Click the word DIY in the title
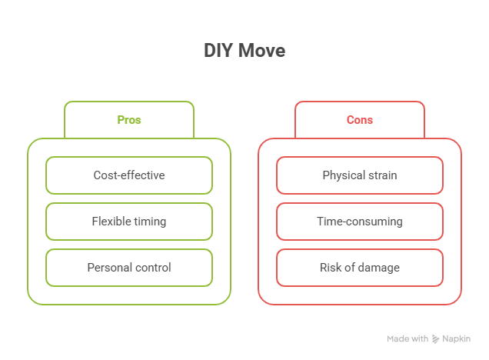(x=218, y=51)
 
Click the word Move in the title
(x=261, y=51)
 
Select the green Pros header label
(x=129, y=120)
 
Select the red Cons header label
(x=360, y=120)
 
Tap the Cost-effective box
(x=129, y=175)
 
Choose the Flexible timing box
(x=129, y=222)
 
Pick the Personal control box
(x=129, y=268)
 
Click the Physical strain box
(x=360, y=175)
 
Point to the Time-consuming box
(x=360, y=222)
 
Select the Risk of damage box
(x=360, y=268)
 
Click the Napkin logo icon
(x=435, y=338)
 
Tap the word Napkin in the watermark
(x=456, y=338)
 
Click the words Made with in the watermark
(x=407, y=338)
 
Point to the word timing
(x=150, y=222)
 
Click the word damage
(x=379, y=268)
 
